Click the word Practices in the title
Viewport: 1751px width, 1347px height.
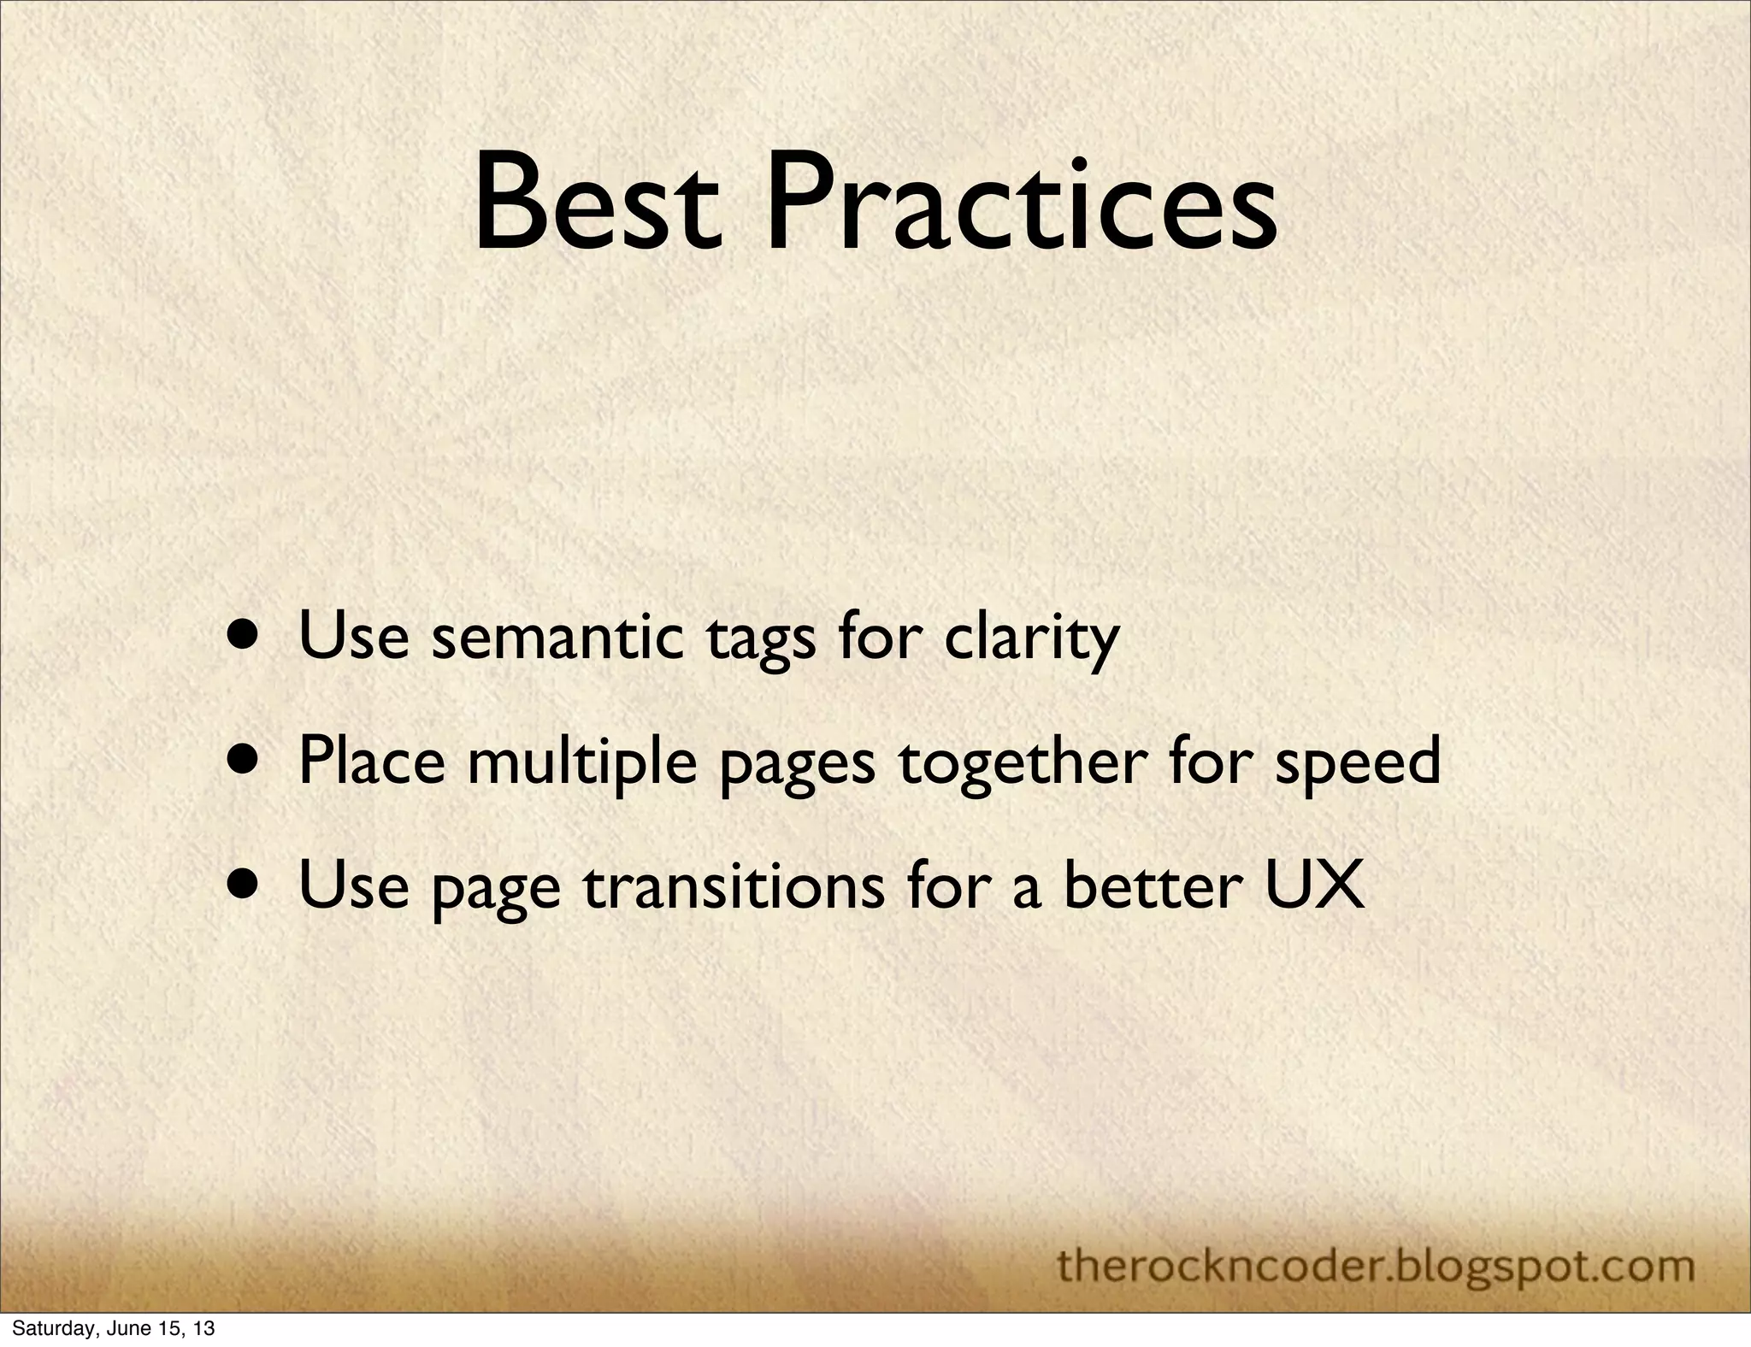[x=1021, y=205]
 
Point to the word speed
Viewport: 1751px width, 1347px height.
[x=1358, y=762]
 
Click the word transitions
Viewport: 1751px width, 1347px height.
[x=734, y=886]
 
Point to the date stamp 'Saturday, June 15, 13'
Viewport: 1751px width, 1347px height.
[x=108, y=1329]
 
